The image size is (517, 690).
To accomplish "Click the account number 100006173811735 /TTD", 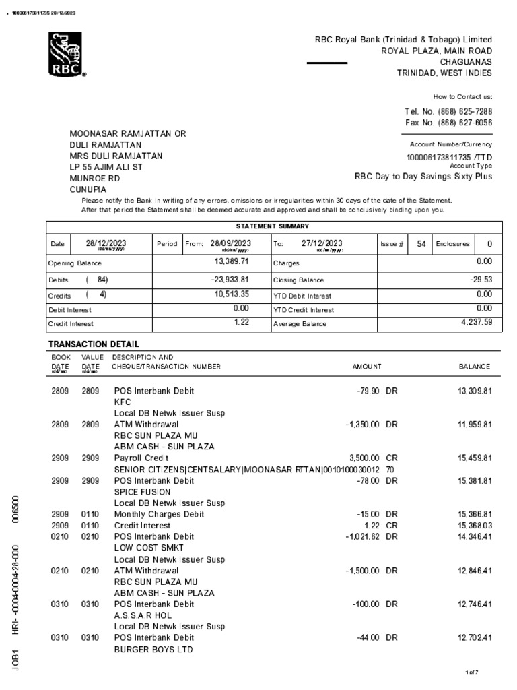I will point(449,156).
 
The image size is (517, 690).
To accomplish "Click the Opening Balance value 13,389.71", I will point(232,261).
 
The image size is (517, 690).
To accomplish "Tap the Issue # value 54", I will point(421,244).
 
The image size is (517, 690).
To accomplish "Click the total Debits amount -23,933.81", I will point(227,279).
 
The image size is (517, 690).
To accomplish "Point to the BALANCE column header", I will point(474,367).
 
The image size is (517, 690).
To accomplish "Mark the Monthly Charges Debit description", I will point(158,514).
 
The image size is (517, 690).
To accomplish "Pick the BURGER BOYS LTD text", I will point(153,650).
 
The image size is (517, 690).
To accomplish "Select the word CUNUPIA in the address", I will point(88,190).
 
